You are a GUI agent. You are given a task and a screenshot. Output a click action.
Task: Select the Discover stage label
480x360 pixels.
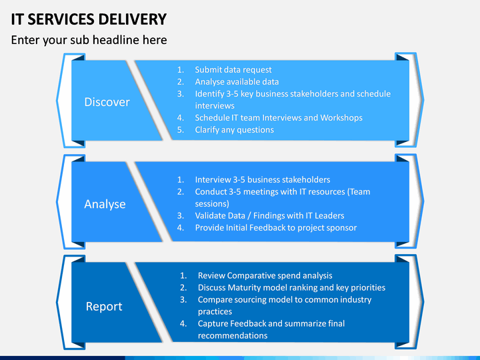(x=107, y=102)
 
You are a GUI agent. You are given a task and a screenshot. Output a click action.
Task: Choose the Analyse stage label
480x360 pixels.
(x=105, y=204)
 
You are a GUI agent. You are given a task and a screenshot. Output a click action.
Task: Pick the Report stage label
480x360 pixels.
(x=104, y=307)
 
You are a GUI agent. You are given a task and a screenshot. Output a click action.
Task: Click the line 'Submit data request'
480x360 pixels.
(x=233, y=70)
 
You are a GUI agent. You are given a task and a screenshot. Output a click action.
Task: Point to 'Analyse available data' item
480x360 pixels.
(x=237, y=82)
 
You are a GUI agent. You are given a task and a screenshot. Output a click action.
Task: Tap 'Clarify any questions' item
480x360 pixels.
(x=235, y=130)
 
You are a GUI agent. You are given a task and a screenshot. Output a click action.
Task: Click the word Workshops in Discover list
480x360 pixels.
(x=341, y=118)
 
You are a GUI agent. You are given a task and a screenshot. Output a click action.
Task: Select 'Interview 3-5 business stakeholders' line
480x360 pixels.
(x=263, y=179)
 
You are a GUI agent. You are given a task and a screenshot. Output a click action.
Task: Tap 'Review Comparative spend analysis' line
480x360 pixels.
(x=265, y=275)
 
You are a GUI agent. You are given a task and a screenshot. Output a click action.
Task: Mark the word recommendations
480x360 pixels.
(x=233, y=335)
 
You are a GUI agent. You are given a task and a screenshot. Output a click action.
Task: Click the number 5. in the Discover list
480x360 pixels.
(x=181, y=130)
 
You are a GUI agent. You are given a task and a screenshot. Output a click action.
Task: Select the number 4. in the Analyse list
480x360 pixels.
(x=181, y=228)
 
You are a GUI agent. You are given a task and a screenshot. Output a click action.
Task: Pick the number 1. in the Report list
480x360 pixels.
(x=183, y=275)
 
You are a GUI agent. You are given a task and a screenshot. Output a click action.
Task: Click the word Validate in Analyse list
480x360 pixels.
(x=207, y=215)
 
